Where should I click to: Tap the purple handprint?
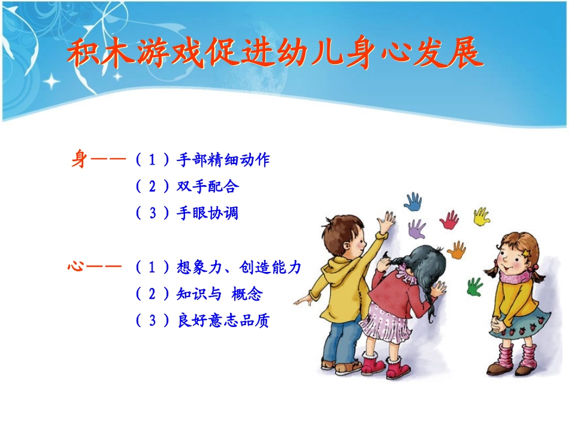[x=417, y=229]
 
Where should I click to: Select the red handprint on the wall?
[x=449, y=220]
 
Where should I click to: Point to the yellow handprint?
[x=482, y=216]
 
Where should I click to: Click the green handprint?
[x=474, y=286]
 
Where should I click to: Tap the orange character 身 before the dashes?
[x=79, y=160]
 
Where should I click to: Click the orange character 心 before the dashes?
[x=76, y=267]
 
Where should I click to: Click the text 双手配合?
[x=208, y=186]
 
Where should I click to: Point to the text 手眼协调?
[x=208, y=213]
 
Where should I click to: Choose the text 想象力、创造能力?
[x=239, y=267]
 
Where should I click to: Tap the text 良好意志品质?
[x=223, y=320]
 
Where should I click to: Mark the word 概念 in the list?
[x=247, y=294]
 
